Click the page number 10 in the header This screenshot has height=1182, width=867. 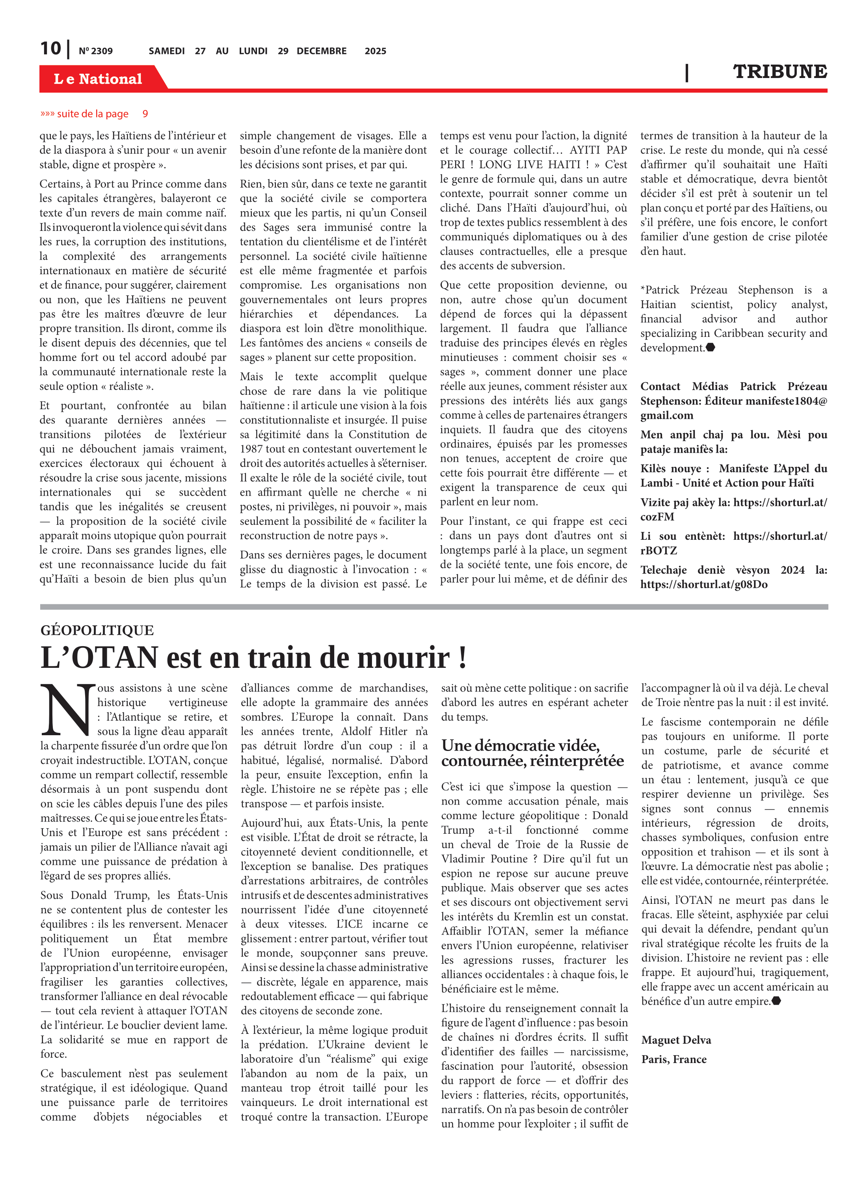click(50, 48)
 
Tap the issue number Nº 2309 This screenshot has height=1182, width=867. click(95, 51)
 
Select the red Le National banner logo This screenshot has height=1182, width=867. click(98, 79)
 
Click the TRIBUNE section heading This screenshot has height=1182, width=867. click(780, 71)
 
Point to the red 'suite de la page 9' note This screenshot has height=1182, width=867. click(95, 114)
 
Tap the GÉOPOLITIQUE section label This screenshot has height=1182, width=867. click(97, 630)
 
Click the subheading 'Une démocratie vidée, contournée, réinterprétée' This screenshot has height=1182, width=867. click(533, 753)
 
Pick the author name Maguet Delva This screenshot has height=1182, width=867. click(676, 1040)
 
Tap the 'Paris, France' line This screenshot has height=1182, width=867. click(674, 1059)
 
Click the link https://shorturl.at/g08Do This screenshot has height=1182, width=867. click(704, 584)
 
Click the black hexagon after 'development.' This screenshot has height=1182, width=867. click(711, 347)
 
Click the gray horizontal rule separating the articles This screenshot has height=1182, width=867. click(433, 607)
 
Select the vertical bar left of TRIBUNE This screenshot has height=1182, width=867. click(687, 72)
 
